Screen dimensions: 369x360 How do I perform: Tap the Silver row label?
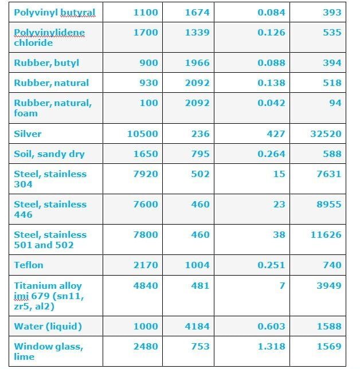pyautogui.click(x=28, y=134)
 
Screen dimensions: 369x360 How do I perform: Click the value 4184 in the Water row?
pyautogui.click(x=197, y=326)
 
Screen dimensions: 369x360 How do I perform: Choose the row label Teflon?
pyautogui.click(x=29, y=265)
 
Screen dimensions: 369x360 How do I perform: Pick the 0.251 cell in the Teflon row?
pyautogui.click(x=271, y=265)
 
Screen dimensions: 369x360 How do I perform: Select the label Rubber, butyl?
pyautogui.click(x=46, y=63)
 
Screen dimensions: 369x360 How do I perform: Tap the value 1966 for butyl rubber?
pyautogui.click(x=197, y=63)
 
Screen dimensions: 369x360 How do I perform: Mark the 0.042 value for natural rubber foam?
pyautogui.click(x=271, y=103)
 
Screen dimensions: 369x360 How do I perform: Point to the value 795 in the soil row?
pyautogui.click(x=200, y=154)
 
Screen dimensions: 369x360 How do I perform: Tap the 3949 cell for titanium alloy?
pyautogui.click(x=328, y=285)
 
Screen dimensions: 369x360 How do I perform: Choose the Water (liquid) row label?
pyautogui.click(x=48, y=326)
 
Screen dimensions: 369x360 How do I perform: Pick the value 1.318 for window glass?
pyautogui.click(x=271, y=346)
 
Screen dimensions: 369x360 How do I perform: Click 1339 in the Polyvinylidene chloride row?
pyautogui.click(x=197, y=32)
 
